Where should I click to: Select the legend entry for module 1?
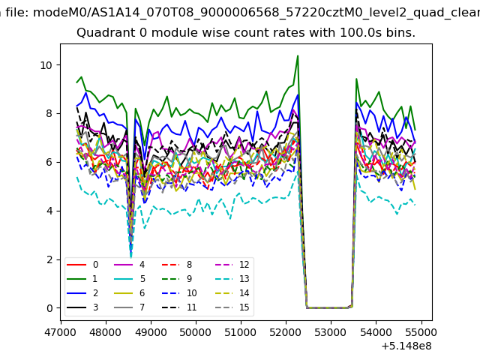82,279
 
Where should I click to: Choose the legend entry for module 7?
129,307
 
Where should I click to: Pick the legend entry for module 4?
129,265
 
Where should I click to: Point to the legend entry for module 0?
82,265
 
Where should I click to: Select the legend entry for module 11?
179,307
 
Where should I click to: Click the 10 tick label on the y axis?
46,65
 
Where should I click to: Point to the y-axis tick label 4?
49,211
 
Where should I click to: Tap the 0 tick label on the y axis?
49,308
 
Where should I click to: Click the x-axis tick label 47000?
61,332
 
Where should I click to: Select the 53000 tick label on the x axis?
331,332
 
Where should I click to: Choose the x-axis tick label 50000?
196,332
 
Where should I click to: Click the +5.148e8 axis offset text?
406,346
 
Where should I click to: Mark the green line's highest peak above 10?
298,56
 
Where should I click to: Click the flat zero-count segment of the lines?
329,307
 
